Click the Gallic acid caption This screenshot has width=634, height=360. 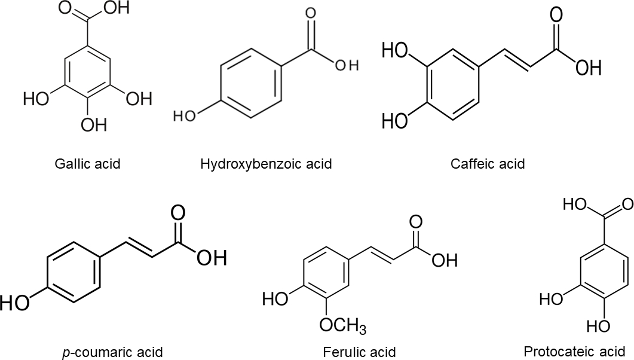87,163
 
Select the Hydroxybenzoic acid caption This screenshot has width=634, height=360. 266,163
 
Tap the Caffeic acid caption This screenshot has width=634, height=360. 488,163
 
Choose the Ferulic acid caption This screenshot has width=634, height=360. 366,352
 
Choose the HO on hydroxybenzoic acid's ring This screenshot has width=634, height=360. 183,116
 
